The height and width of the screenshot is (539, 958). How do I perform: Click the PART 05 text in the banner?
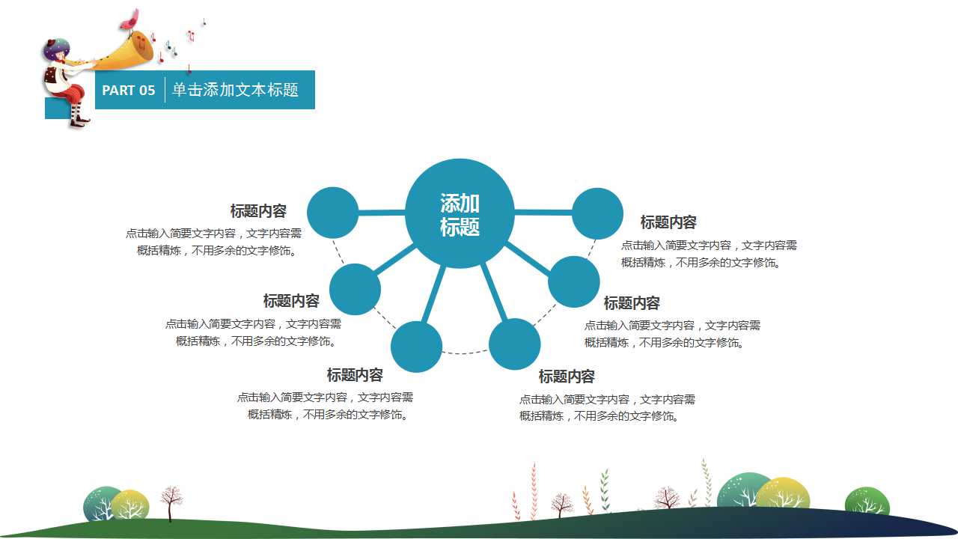[128, 91]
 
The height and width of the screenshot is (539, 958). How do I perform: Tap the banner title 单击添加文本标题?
[235, 90]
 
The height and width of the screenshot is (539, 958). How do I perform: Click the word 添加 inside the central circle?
[460, 203]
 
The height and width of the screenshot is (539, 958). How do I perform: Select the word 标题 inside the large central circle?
[460, 227]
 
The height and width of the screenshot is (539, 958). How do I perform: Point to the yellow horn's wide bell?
[137, 49]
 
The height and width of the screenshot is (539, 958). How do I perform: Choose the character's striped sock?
[77, 113]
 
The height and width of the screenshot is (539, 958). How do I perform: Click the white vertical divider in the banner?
[165, 90]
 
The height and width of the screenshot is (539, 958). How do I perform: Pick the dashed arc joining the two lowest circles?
[466, 353]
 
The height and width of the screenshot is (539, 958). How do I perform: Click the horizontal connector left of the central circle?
[382, 212]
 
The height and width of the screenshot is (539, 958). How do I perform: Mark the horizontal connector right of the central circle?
[543, 212]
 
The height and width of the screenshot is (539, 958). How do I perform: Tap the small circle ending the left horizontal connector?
[333, 213]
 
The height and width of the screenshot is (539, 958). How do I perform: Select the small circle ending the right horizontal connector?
[597, 213]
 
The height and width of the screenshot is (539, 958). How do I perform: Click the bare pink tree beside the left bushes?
[171, 503]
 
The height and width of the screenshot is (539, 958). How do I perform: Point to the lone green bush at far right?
[867, 501]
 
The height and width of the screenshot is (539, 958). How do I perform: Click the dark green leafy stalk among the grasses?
[605, 490]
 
